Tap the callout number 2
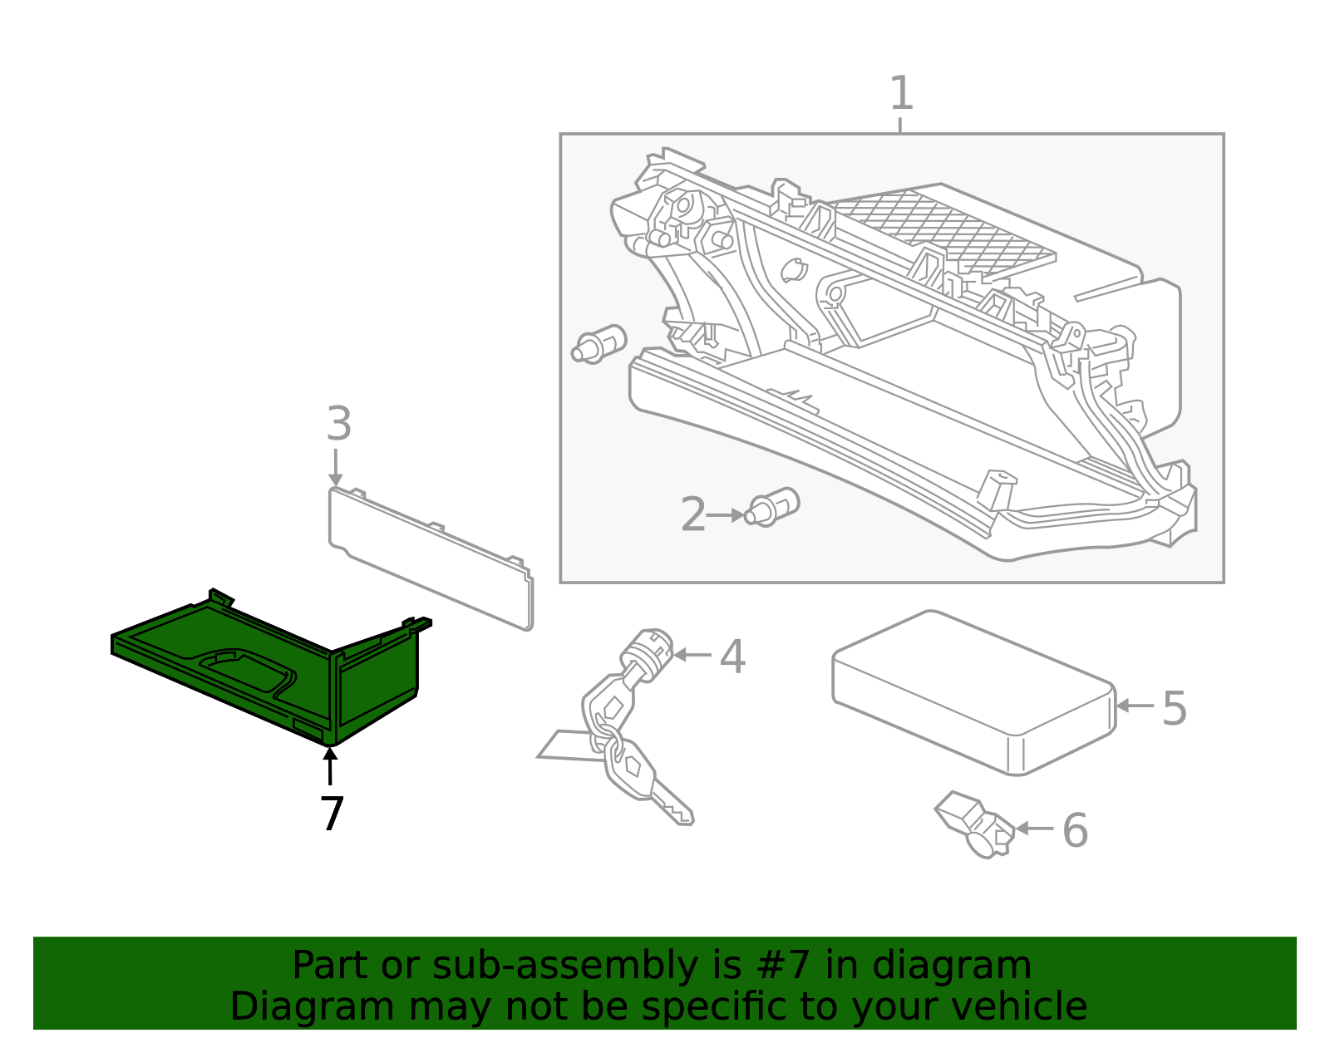[692, 515]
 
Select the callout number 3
[338, 425]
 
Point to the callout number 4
[731, 657]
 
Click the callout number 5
[1174, 709]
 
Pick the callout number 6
[1075, 830]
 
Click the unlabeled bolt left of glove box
[598, 344]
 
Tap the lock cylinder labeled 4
[648, 652]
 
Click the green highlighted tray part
[249, 665]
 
